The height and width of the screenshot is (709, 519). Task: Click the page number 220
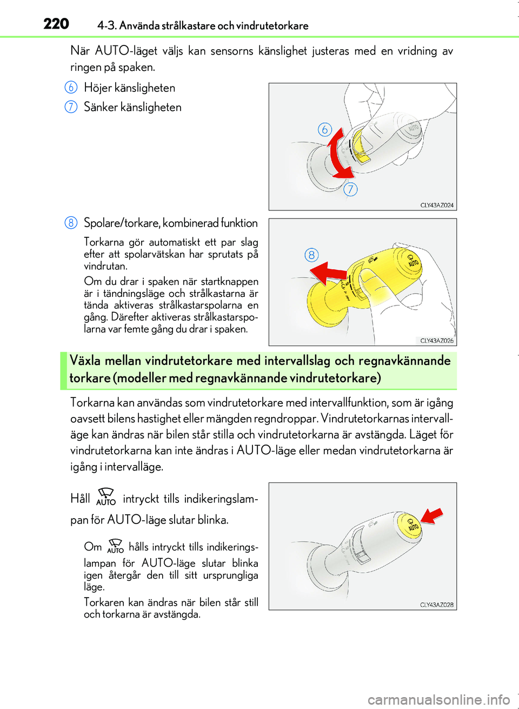pyautogui.click(x=56, y=24)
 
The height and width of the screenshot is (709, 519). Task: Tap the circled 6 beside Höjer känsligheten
pyautogui.click(x=71, y=88)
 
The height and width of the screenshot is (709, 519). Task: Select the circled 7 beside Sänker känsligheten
pyautogui.click(x=71, y=107)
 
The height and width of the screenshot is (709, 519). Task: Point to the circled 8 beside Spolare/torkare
pyautogui.click(x=71, y=223)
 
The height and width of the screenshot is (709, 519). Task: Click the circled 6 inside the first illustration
pyautogui.click(x=325, y=130)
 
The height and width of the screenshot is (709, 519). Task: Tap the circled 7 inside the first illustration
pyautogui.click(x=351, y=189)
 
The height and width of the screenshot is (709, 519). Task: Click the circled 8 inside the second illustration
pyautogui.click(x=312, y=255)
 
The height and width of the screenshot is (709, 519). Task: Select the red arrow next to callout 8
pyautogui.click(x=328, y=274)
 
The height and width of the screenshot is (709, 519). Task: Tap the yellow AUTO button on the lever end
pyautogui.click(x=409, y=526)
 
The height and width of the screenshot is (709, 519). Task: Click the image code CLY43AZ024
pyautogui.click(x=437, y=205)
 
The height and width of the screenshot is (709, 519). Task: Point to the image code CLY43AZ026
pyautogui.click(x=437, y=341)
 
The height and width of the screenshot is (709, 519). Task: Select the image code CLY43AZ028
pyautogui.click(x=437, y=605)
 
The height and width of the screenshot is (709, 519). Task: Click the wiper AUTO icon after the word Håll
pyautogui.click(x=106, y=496)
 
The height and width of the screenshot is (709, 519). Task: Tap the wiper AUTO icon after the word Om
pyautogui.click(x=115, y=546)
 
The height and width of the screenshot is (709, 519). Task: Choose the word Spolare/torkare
pyautogui.click(x=122, y=223)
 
